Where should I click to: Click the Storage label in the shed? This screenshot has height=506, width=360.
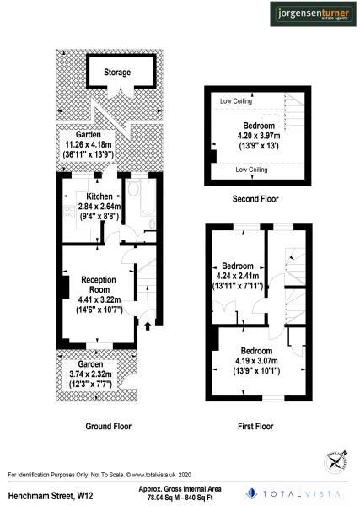tap(117, 73)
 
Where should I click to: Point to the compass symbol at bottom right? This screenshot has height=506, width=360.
tap(336, 460)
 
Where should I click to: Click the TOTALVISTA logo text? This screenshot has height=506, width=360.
tap(307, 493)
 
